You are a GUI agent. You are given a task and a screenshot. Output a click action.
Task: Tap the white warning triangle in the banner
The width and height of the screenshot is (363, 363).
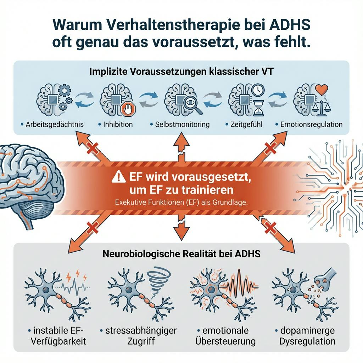[x=116, y=177]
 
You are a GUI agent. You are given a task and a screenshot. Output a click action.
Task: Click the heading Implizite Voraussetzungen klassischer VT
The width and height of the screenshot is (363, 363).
[x=181, y=71]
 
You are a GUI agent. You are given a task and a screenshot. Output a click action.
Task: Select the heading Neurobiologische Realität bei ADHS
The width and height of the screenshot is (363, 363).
[x=181, y=254]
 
